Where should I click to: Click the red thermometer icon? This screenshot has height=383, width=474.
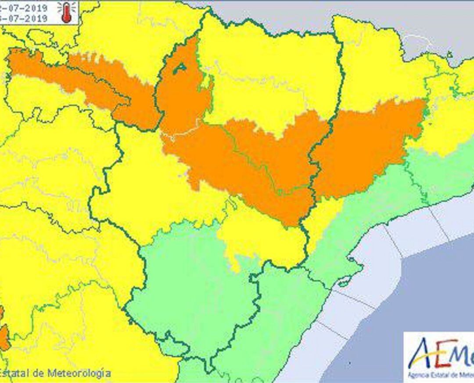pyautogui.click(x=66, y=12)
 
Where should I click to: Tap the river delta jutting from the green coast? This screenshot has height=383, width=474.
pyautogui.click(x=347, y=279)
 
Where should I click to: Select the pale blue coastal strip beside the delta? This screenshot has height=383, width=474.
pyautogui.click(x=373, y=281)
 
